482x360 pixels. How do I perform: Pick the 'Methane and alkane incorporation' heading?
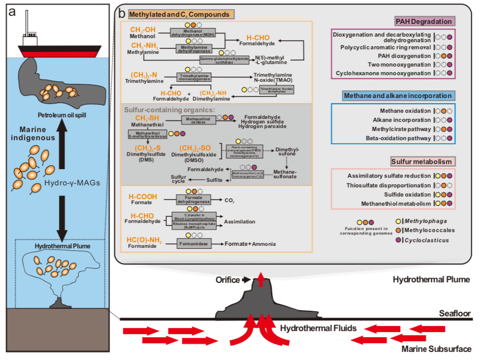[x=391, y=96]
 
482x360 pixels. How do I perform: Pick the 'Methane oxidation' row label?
[x=405, y=111]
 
